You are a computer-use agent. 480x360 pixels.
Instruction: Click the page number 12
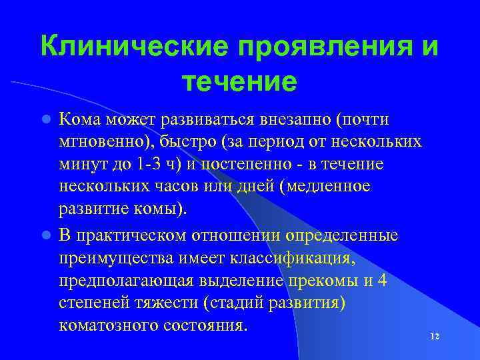[435, 337]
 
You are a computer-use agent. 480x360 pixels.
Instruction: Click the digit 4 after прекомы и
[383, 281]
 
